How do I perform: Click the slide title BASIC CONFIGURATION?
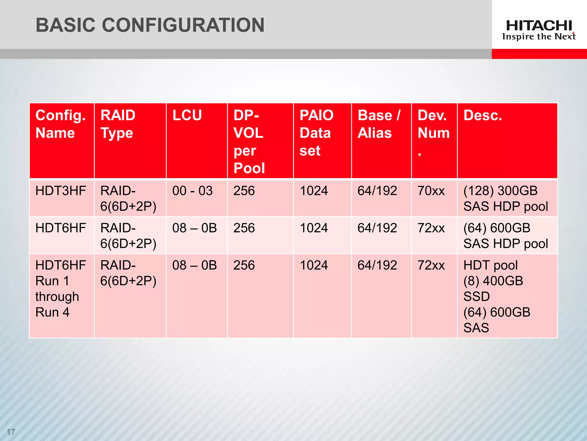click(150, 25)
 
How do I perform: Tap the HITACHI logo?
click(539, 26)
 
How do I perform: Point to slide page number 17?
click(11, 432)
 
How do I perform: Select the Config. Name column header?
click(60, 124)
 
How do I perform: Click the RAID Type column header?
click(118, 124)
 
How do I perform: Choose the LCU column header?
click(187, 115)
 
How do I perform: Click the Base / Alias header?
click(379, 124)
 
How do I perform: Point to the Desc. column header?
click(483, 115)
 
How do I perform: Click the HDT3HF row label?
click(60, 191)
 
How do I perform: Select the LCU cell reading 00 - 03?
click(192, 191)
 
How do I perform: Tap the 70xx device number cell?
click(431, 191)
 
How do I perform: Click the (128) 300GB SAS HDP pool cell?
click(505, 199)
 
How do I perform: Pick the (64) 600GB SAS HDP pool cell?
click(505, 236)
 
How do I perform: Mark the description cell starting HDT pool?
click(497, 296)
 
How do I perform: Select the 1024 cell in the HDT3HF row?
click(314, 191)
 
